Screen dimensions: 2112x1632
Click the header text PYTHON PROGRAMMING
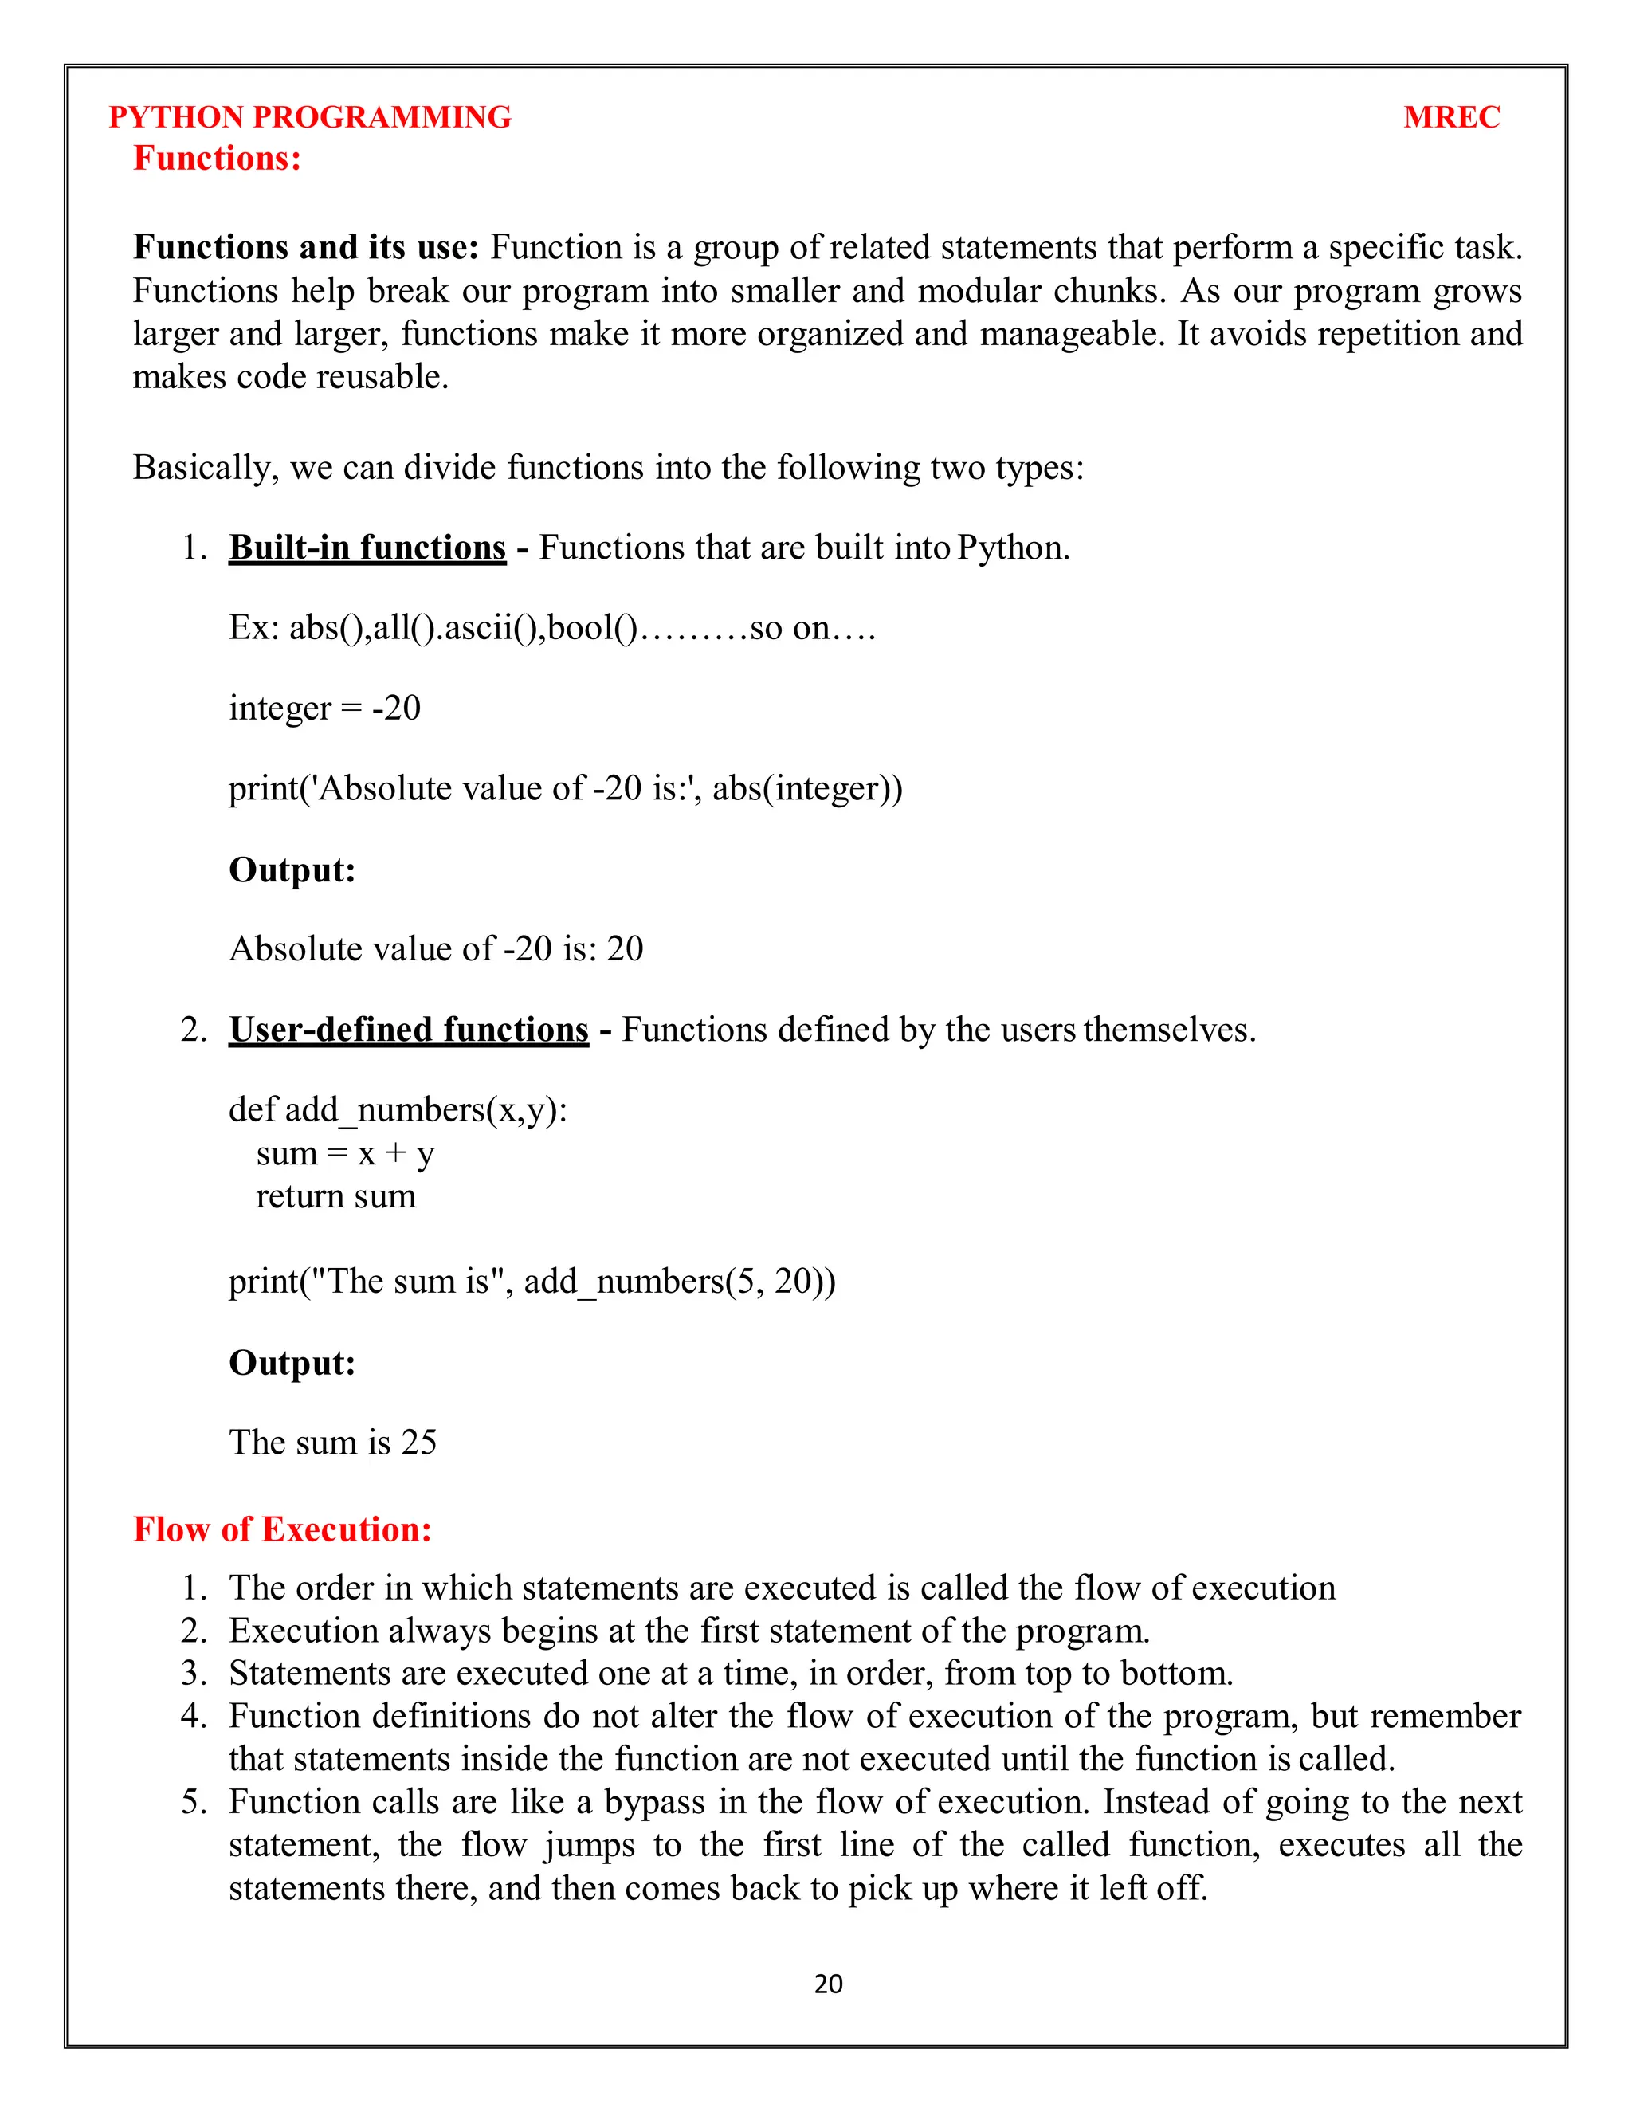tap(309, 117)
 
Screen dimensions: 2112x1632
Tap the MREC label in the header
tap(1450, 117)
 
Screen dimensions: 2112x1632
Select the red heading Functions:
tap(218, 159)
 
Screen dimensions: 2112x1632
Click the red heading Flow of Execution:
tap(282, 1529)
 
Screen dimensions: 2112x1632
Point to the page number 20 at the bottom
tap(828, 1984)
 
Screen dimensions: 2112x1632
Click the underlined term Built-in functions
tap(367, 548)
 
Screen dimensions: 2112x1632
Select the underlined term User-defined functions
tap(408, 1029)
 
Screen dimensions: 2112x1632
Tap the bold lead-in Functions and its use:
tap(305, 248)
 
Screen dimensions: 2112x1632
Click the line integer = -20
tap(325, 708)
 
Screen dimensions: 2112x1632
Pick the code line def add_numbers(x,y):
tap(398, 1109)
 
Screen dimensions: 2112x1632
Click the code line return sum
tap(335, 1196)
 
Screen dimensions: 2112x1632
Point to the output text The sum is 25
tap(332, 1442)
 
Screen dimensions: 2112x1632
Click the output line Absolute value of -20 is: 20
tap(436, 948)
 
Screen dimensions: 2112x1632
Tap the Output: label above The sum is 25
tap(292, 1363)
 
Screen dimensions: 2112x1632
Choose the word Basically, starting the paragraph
tap(206, 468)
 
